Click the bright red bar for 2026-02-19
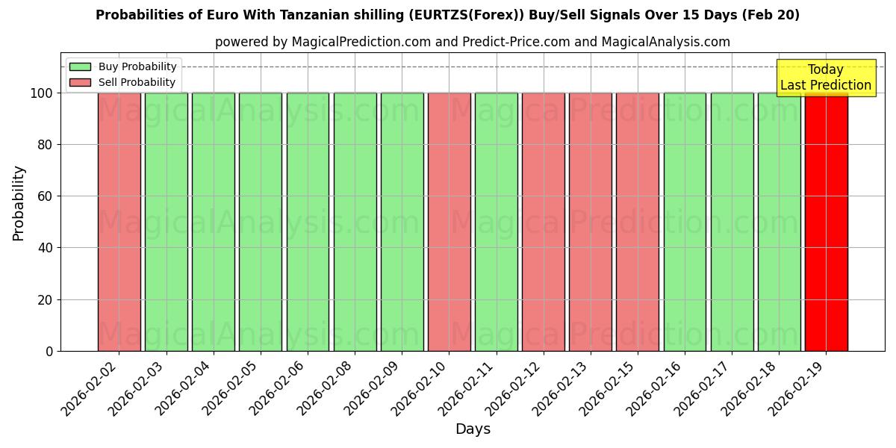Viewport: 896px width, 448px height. [x=826, y=222]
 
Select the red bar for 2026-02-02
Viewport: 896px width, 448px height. [x=119, y=222]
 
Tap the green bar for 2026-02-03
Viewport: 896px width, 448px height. [x=167, y=222]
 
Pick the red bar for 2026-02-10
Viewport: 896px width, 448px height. [x=449, y=222]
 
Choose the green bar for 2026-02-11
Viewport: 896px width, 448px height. [x=497, y=222]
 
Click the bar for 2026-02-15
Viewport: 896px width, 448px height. [x=638, y=222]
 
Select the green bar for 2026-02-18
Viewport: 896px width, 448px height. [x=779, y=222]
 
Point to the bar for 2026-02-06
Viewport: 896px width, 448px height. [x=308, y=222]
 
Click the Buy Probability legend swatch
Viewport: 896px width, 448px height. [x=80, y=66]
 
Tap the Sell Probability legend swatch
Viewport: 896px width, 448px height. [x=80, y=82]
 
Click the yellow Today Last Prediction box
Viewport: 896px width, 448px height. [x=825, y=78]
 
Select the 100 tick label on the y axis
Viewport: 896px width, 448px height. [x=41, y=93]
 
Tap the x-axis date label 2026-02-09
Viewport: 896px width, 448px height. [x=373, y=390]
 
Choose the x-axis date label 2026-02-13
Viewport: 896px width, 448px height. [x=561, y=390]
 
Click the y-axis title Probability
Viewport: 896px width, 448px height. [x=19, y=203]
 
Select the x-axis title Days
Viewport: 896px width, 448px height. [x=473, y=429]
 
